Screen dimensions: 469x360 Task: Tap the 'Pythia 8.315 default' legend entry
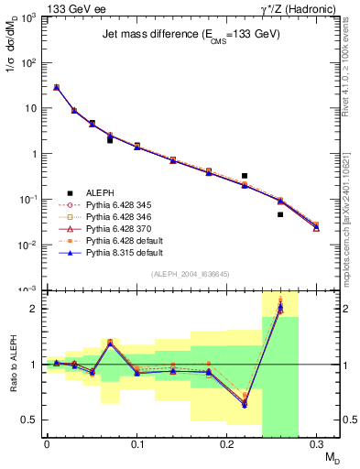[124, 263]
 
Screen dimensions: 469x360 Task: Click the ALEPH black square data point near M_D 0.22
[245, 175]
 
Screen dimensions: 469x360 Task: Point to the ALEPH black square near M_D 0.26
[280, 214]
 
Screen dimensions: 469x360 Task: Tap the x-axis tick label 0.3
[316, 444]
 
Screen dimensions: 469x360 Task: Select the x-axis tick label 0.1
[136, 444]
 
